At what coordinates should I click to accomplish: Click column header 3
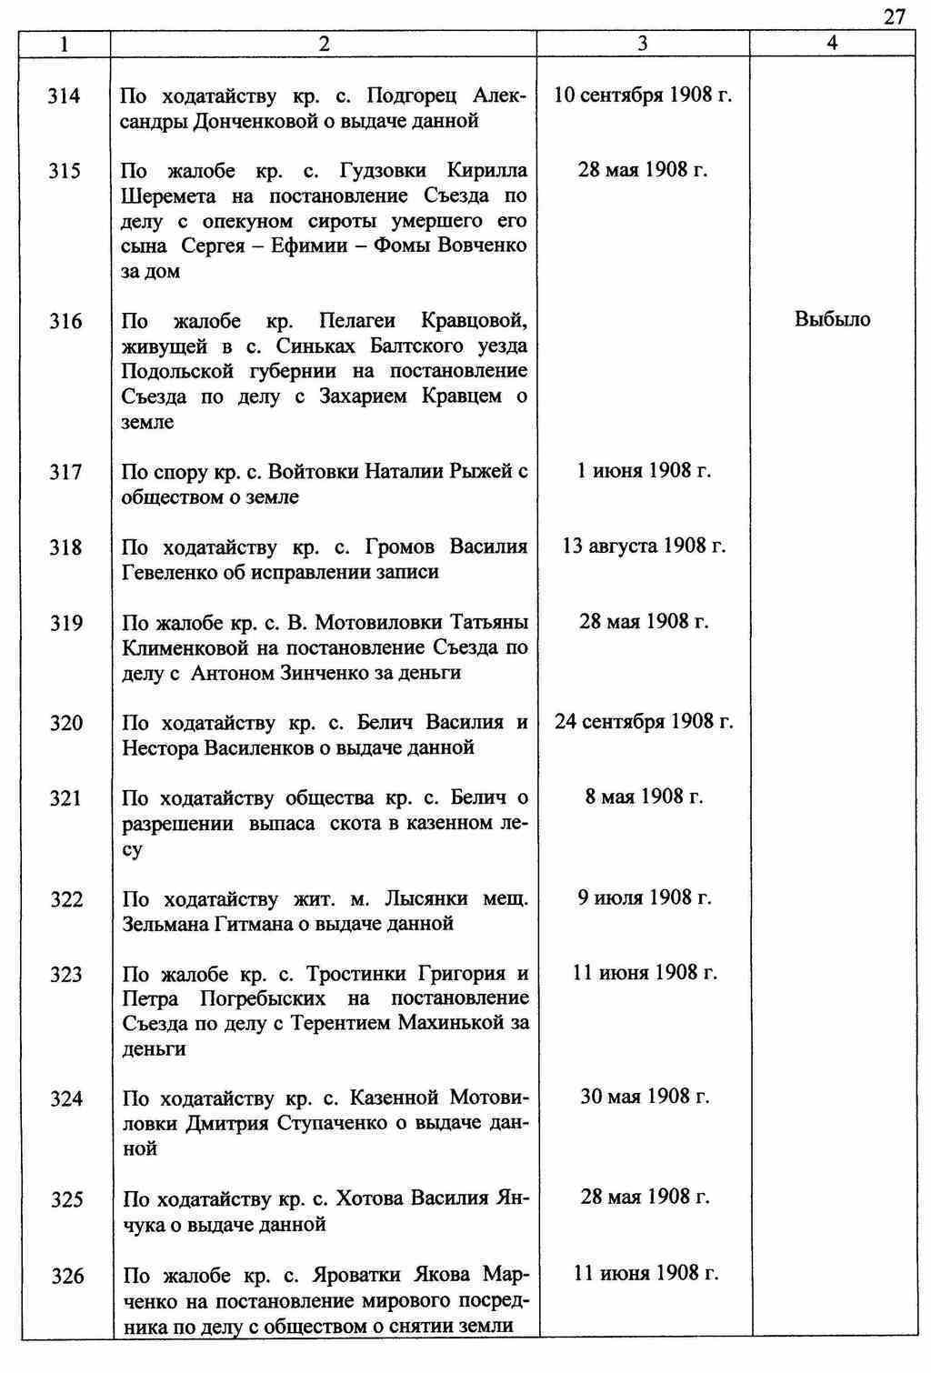click(x=643, y=43)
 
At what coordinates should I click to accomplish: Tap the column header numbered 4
click(x=832, y=43)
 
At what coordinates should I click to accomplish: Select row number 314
click(x=65, y=95)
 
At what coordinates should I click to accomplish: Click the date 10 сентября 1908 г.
click(x=643, y=95)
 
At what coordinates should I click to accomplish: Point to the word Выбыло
click(x=832, y=319)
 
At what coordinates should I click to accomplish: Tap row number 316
click(x=65, y=321)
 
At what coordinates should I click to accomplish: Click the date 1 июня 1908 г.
click(x=643, y=470)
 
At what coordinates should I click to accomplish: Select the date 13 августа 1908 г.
click(x=644, y=546)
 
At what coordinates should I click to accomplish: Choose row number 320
click(x=65, y=723)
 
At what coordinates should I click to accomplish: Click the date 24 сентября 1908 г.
click(x=644, y=722)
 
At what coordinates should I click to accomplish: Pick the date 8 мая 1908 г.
click(x=644, y=797)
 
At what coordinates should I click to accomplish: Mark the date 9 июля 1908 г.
click(x=644, y=897)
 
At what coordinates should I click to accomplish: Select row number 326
click(x=66, y=1277)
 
